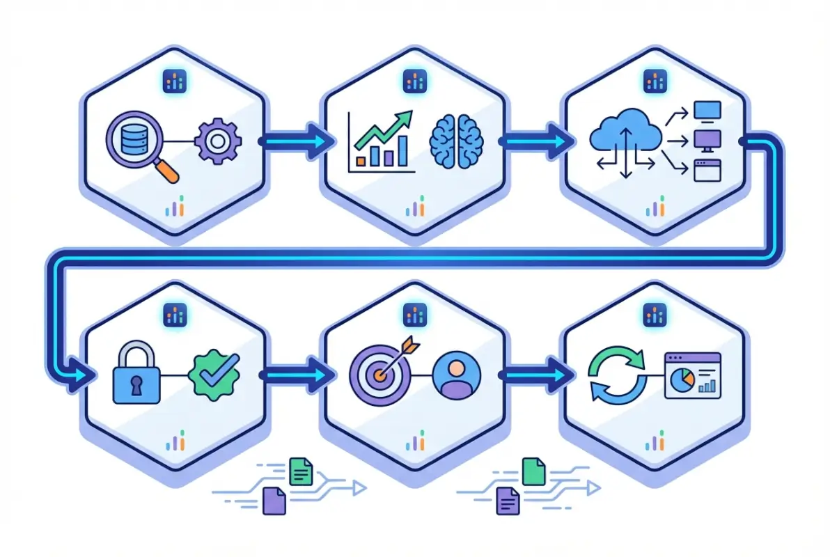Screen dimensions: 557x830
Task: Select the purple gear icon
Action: [218, 141]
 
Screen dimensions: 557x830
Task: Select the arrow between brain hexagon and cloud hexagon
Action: [537, 141]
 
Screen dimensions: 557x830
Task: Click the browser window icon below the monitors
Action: [708, 170]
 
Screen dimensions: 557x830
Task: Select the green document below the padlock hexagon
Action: [301, 471]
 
